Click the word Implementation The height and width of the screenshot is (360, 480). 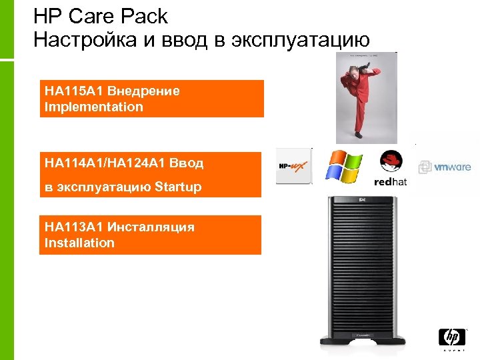pyautogui.click(x=93, y=107)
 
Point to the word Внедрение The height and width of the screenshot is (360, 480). pyautogui.click(x=143, y=91)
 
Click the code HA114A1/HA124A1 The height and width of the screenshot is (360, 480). pyautogui.click(x=105, y=163)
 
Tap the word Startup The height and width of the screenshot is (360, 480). pyautogui.click(x=177, y=187)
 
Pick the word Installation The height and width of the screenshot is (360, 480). pyautogui.click(x=79, y=243)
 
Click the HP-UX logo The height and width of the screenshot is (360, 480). pyautogui.click(x=293, y=165)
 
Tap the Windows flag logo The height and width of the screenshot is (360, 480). pyautogui.click(x=343, y=166)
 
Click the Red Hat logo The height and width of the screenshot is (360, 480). pyautogui.click(x=391, y=167)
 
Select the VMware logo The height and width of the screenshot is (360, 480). pyautogui.click(x=445, y=167)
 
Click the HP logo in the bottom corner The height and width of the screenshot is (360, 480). pyautogui.click(x=452, y=339)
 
